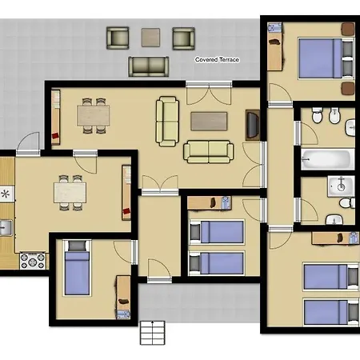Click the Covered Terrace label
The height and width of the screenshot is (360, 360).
click(217, 59)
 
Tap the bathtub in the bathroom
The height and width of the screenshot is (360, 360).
click(328, 159)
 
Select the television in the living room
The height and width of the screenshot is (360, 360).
click(253, 125)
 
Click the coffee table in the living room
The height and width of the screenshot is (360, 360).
click(209, 122)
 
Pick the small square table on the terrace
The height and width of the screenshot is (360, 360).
click(150, 38)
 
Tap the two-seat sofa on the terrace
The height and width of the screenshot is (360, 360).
click(149, 66)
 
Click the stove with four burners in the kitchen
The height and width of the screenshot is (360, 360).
click(33, 261)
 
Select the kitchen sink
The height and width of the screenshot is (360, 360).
click(6, 228)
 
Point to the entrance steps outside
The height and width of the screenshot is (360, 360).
click(152, 333)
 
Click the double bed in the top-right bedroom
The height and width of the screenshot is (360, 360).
click(326, 58)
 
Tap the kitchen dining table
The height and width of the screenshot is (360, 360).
click(70, 193)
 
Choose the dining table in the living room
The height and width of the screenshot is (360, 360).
click(94, 116)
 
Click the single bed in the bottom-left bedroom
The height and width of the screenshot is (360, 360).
click(77, 268)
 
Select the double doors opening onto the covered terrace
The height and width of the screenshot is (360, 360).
click(209, 93)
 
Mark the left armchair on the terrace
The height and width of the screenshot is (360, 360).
click(118, 38)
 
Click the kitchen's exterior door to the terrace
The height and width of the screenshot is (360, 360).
click(28, 144)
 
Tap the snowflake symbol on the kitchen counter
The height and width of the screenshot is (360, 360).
click(5, 194)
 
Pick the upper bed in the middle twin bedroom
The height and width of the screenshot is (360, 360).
click(217, 232)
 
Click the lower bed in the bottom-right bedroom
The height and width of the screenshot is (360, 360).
click(330, 313)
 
